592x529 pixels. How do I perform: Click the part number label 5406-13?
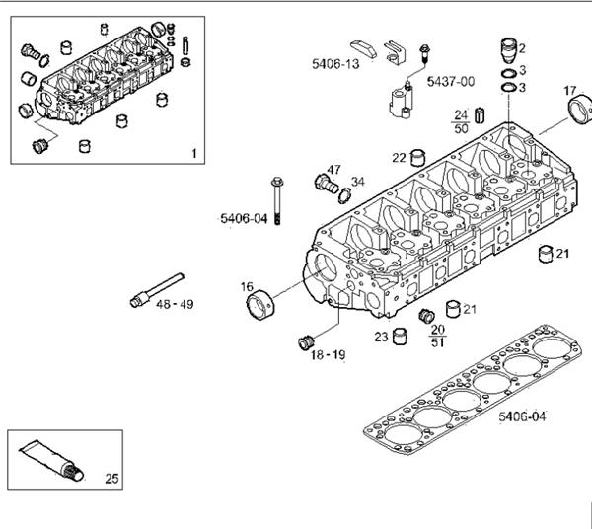click(x=335, y=64)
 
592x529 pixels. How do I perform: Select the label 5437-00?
click(x=451, y=82)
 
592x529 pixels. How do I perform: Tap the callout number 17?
click(x=570, y=91)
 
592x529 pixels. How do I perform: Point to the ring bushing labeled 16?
click(x=260, y=305)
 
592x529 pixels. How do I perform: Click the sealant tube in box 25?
click(x=51, y=461)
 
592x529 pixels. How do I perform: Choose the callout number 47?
click(x=333, y=170)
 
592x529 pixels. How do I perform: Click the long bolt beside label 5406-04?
click(x=277, y=201)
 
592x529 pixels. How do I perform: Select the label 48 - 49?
click(x=175, y=304)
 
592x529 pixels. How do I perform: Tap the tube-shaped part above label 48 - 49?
click(x=157, y=290)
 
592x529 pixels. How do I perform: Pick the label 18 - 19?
click(x=328, y=355)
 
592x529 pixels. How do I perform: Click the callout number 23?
click(x=381, y=337)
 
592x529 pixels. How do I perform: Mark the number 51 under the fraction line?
click(x=437, y=342)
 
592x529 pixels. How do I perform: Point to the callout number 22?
click(x=399, y=158)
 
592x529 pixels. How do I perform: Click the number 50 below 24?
click(x=461, y=128)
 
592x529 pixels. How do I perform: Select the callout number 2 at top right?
click(x=522, y=48)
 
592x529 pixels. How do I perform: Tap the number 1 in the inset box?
click(x=194, y=154)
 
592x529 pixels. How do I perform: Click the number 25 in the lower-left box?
click(x=111, y=479)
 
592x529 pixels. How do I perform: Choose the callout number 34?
click(x=358, y=182)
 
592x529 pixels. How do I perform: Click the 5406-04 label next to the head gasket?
click(x=522, y=416)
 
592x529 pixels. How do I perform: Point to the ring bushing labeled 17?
click(x=580, y=110)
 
